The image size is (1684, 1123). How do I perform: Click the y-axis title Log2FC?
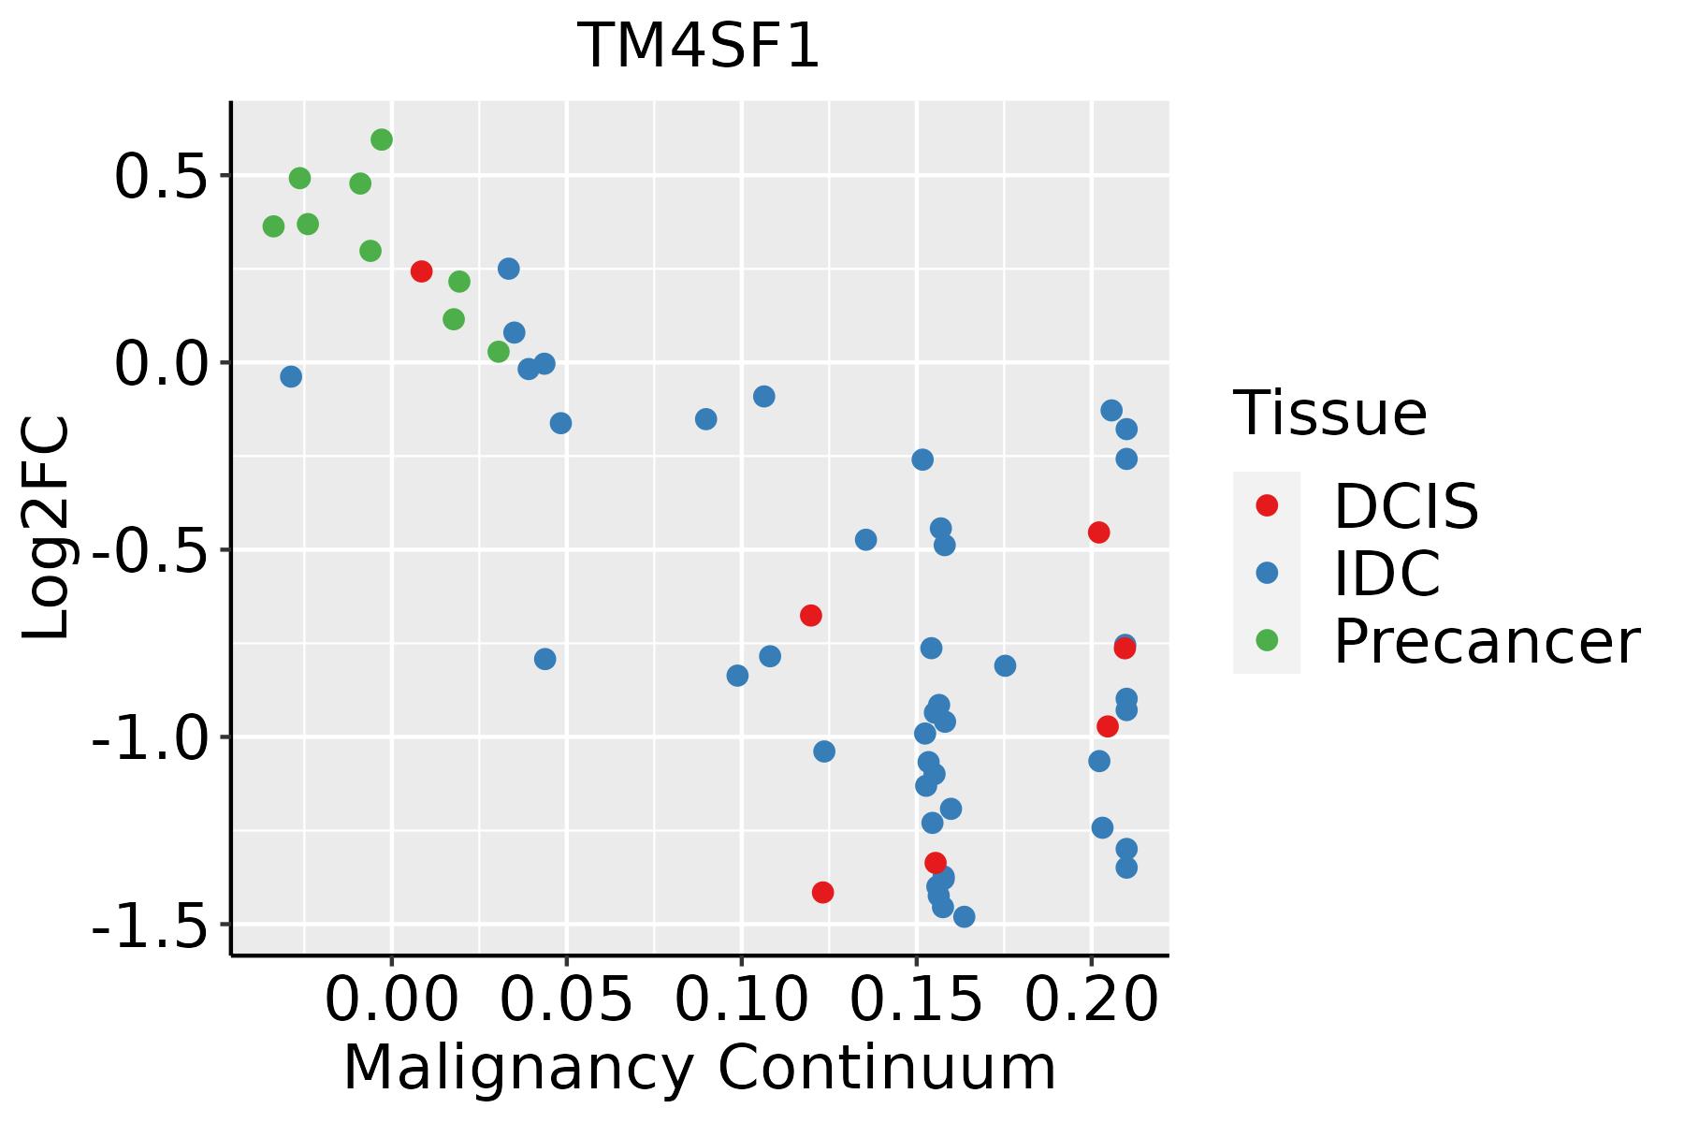[x=47, y=529]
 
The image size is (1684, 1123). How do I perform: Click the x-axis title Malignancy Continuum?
[x=699, y=1069]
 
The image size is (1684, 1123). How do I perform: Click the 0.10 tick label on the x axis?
[x=741, y=999]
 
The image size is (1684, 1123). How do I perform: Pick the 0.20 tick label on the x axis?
[x=1091, y=999]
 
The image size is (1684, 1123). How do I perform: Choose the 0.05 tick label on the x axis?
[x=566, y=999]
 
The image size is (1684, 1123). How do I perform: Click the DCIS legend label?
[x=1405, y=506]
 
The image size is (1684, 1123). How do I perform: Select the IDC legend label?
[x=1386, y=573]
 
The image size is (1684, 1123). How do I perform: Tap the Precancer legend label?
[x=1486, y=641]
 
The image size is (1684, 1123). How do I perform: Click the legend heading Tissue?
[x=1329, y=413]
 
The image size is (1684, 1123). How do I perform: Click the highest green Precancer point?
[x=382, y=140]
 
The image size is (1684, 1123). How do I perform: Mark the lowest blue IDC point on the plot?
[x=964, y=916]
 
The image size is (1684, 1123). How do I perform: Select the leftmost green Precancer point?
[x=273, y=226]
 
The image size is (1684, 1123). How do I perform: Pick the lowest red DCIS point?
[x=822, y=893]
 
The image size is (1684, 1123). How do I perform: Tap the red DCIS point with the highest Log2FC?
[x=421, y=271]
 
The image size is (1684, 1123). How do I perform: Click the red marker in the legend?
[x=1267, y=505]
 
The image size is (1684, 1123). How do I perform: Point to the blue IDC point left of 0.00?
[x=291, y=376]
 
